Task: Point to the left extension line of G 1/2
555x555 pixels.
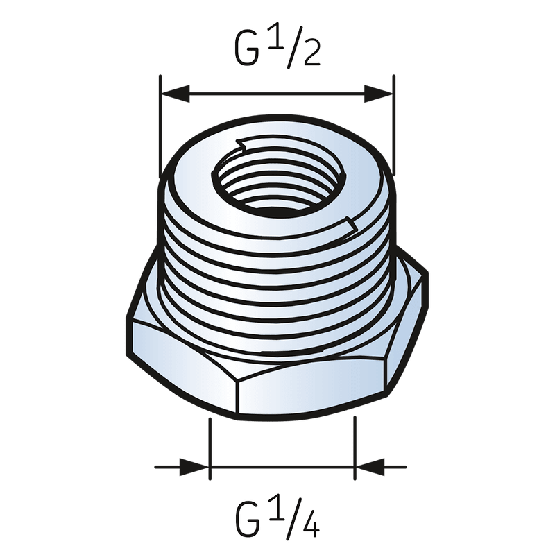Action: [160, 125]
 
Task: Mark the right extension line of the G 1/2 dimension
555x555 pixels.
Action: [393, 125]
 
